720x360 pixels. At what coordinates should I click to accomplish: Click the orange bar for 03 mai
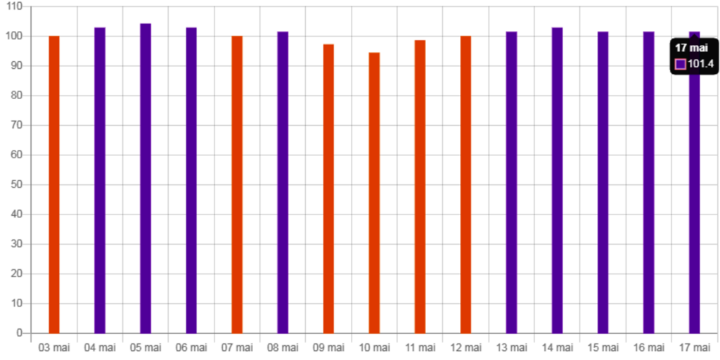click(54, 184)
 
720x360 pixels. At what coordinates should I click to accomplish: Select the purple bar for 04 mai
click(100, 179)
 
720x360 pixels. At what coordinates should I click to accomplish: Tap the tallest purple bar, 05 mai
click(146, 177)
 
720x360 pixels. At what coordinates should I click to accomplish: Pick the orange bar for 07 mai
click(237, 184)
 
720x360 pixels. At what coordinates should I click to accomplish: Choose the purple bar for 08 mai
click(283, 182)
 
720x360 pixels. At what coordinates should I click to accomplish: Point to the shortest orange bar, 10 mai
click(374, 192)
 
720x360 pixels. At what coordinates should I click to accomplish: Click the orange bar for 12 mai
click(465, 184)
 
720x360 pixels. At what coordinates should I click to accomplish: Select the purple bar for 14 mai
click(557, 179)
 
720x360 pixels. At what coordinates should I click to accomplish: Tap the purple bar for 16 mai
click(648, 182)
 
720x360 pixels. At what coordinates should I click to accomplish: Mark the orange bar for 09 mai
click(328, 188)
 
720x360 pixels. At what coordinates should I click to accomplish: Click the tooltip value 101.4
click(700, 65)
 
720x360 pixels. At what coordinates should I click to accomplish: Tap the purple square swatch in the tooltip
click(680, 65)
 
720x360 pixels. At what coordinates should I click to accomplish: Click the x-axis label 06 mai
click(191, 347)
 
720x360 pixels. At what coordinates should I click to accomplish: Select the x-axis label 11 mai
click(420, 347)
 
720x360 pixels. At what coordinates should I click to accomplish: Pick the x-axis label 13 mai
click(511, 347)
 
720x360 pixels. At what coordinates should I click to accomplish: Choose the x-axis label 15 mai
click(603, 347)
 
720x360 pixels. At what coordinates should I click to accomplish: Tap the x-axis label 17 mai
click(694, 347)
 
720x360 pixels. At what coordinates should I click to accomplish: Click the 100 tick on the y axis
click(17, 35)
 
